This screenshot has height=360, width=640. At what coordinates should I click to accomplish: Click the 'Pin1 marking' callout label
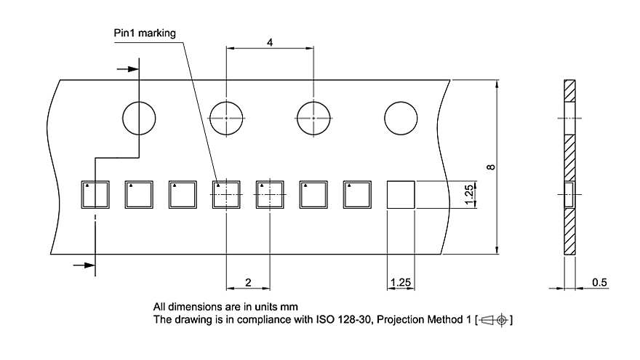pyautogui.click(x=145, y=33)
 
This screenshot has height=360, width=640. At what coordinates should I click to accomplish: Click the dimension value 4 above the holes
pyautogui.click(x=270, y=42)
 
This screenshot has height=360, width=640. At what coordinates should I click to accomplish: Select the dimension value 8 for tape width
pyautogui.click(x=491, y=167)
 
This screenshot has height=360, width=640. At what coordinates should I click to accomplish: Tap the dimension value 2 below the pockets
pyautogui.click(x=248, y=282)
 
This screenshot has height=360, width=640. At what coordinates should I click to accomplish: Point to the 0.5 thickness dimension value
pyautogui.click(x=599, y=282)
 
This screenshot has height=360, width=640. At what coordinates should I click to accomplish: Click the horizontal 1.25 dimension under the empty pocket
pyautogui.click(x=401, y=282)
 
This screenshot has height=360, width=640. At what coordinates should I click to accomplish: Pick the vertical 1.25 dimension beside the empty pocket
pyautogui.click(x=469, y=194)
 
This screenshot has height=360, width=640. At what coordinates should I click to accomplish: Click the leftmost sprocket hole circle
pyautogui.click(x=139, y=119)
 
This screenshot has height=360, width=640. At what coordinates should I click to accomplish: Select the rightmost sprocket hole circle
pyautogui.click(x=401, y=119)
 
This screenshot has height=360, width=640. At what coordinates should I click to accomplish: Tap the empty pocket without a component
pyautogui.click(x=401, y=195)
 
